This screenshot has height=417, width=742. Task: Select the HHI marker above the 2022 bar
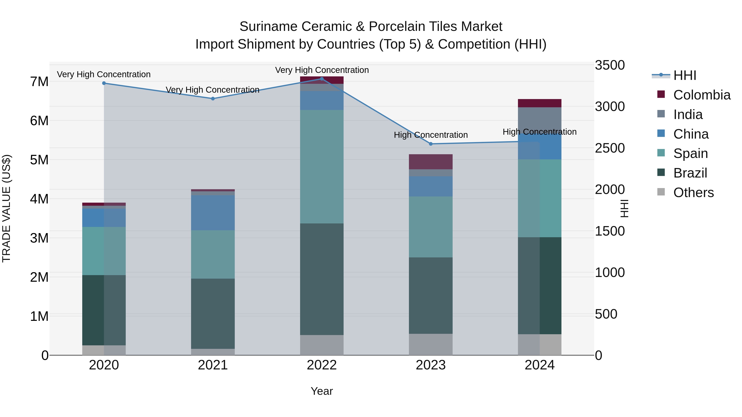[x=322, y=79]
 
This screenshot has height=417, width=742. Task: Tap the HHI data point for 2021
[x=213, y=99]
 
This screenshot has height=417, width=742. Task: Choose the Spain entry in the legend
[x=690, y=153]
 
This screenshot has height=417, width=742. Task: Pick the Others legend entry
[x=693, y=193]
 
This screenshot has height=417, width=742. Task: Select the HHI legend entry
[x=684, y=75]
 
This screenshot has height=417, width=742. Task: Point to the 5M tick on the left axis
[x=39, y=160]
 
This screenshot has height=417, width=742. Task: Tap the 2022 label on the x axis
[x=322, y=365]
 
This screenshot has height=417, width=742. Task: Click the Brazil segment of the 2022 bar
[x=322, y=279]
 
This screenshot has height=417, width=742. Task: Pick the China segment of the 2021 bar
[x=213, y=213]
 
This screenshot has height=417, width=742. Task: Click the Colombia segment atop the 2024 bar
[x=540, y=103]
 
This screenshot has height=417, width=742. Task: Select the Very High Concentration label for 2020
[x=104, y=75]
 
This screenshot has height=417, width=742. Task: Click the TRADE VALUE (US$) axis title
[x=6, y=208]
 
